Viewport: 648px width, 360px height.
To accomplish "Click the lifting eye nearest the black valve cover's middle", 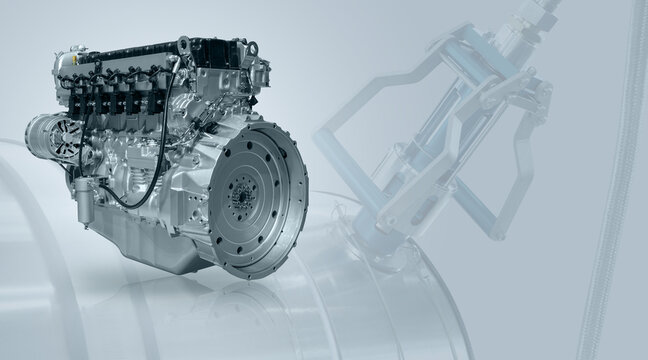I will pyautogui.click(x=183, y=45).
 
